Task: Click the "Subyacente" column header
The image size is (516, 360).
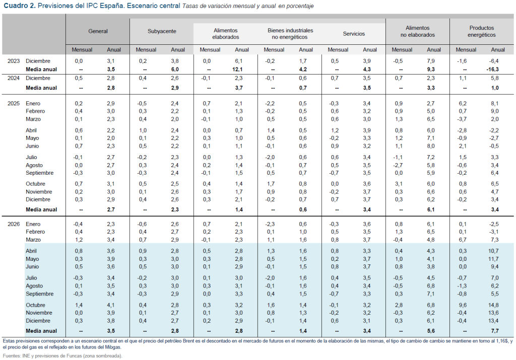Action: pyautogui.click(x=162, y=31)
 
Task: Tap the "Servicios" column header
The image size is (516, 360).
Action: pyautogui.click(x=354, y=34)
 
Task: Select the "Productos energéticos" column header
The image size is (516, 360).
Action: pyautogui.click(x=481, y=31)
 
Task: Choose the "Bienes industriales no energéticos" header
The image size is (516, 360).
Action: pyautogui.click(x=290, y=31)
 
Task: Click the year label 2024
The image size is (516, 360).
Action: pyautogui.click(x=14, y=79)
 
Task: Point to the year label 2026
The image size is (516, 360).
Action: pyautogui.click(x=14, y=224)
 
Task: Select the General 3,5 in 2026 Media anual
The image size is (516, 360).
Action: pyautogui.click(x=111, y=331)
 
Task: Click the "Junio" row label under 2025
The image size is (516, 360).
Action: pyautogui.click(x=33, y=146)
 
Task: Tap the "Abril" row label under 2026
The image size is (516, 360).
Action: pyautogui.click(x=32, y=251)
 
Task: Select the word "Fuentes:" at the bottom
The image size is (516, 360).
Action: pyautogui.click(x=13, y=355)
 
